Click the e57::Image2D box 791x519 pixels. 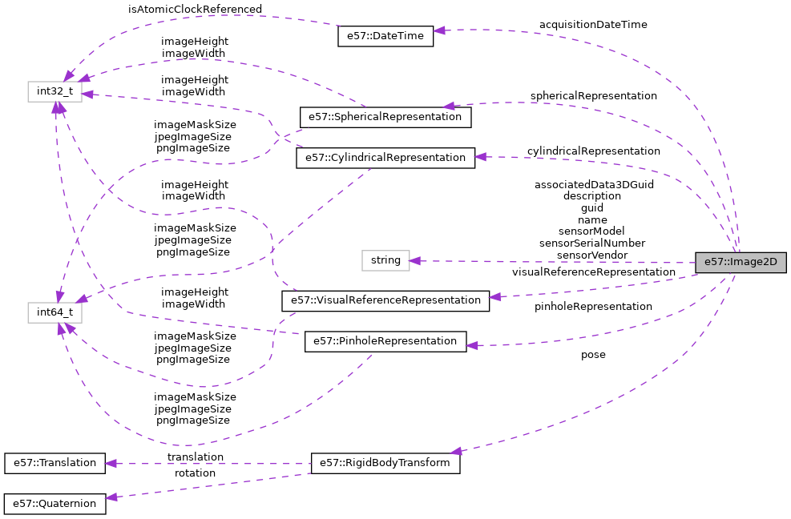click(x=741, y=263)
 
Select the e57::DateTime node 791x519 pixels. click(x=385, y=36)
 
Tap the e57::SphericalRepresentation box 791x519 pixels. click(x=385, y=117)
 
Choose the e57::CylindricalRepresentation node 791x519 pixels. click(x=385, y=158)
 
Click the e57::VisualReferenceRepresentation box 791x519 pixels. click(x=385, y=301)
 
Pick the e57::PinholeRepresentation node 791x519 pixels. click(x=385, y=342)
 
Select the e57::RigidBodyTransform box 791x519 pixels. click(x=385, y=463)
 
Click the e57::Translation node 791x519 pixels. click(x=55, y=463)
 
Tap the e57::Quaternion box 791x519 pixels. click(x=55, y=504)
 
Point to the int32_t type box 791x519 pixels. click(x=55, y=91)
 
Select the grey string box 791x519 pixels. click(x=385, y=260)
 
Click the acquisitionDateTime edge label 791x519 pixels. click(x=593, y=25)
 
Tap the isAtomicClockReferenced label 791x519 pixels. click(x=195, y=10)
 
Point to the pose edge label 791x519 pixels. click(x=593, y=355)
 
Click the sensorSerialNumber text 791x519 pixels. click(x=592, y=243)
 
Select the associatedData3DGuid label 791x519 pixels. click(x=594, y=185)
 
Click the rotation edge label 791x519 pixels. click(x=195, y=473)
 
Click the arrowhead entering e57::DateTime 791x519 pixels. click(x=439, y=31)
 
